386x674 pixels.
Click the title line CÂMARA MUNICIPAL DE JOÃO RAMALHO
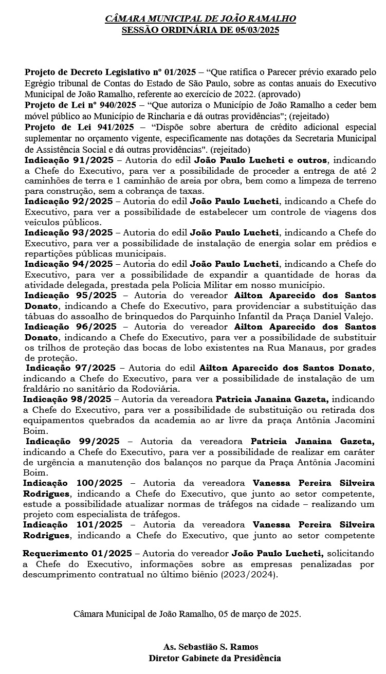coord(200,20)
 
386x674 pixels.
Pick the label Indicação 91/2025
coord(68,160)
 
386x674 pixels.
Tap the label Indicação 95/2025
coord(70,296)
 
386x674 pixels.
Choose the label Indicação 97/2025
coord(71,368)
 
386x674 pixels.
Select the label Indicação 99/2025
coord(72,442)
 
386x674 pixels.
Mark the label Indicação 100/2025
coord(72,483)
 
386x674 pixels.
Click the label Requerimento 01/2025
coord(77,553)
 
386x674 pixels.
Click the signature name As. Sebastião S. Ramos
coord(211,647)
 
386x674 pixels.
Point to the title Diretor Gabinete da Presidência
coord(214,658)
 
